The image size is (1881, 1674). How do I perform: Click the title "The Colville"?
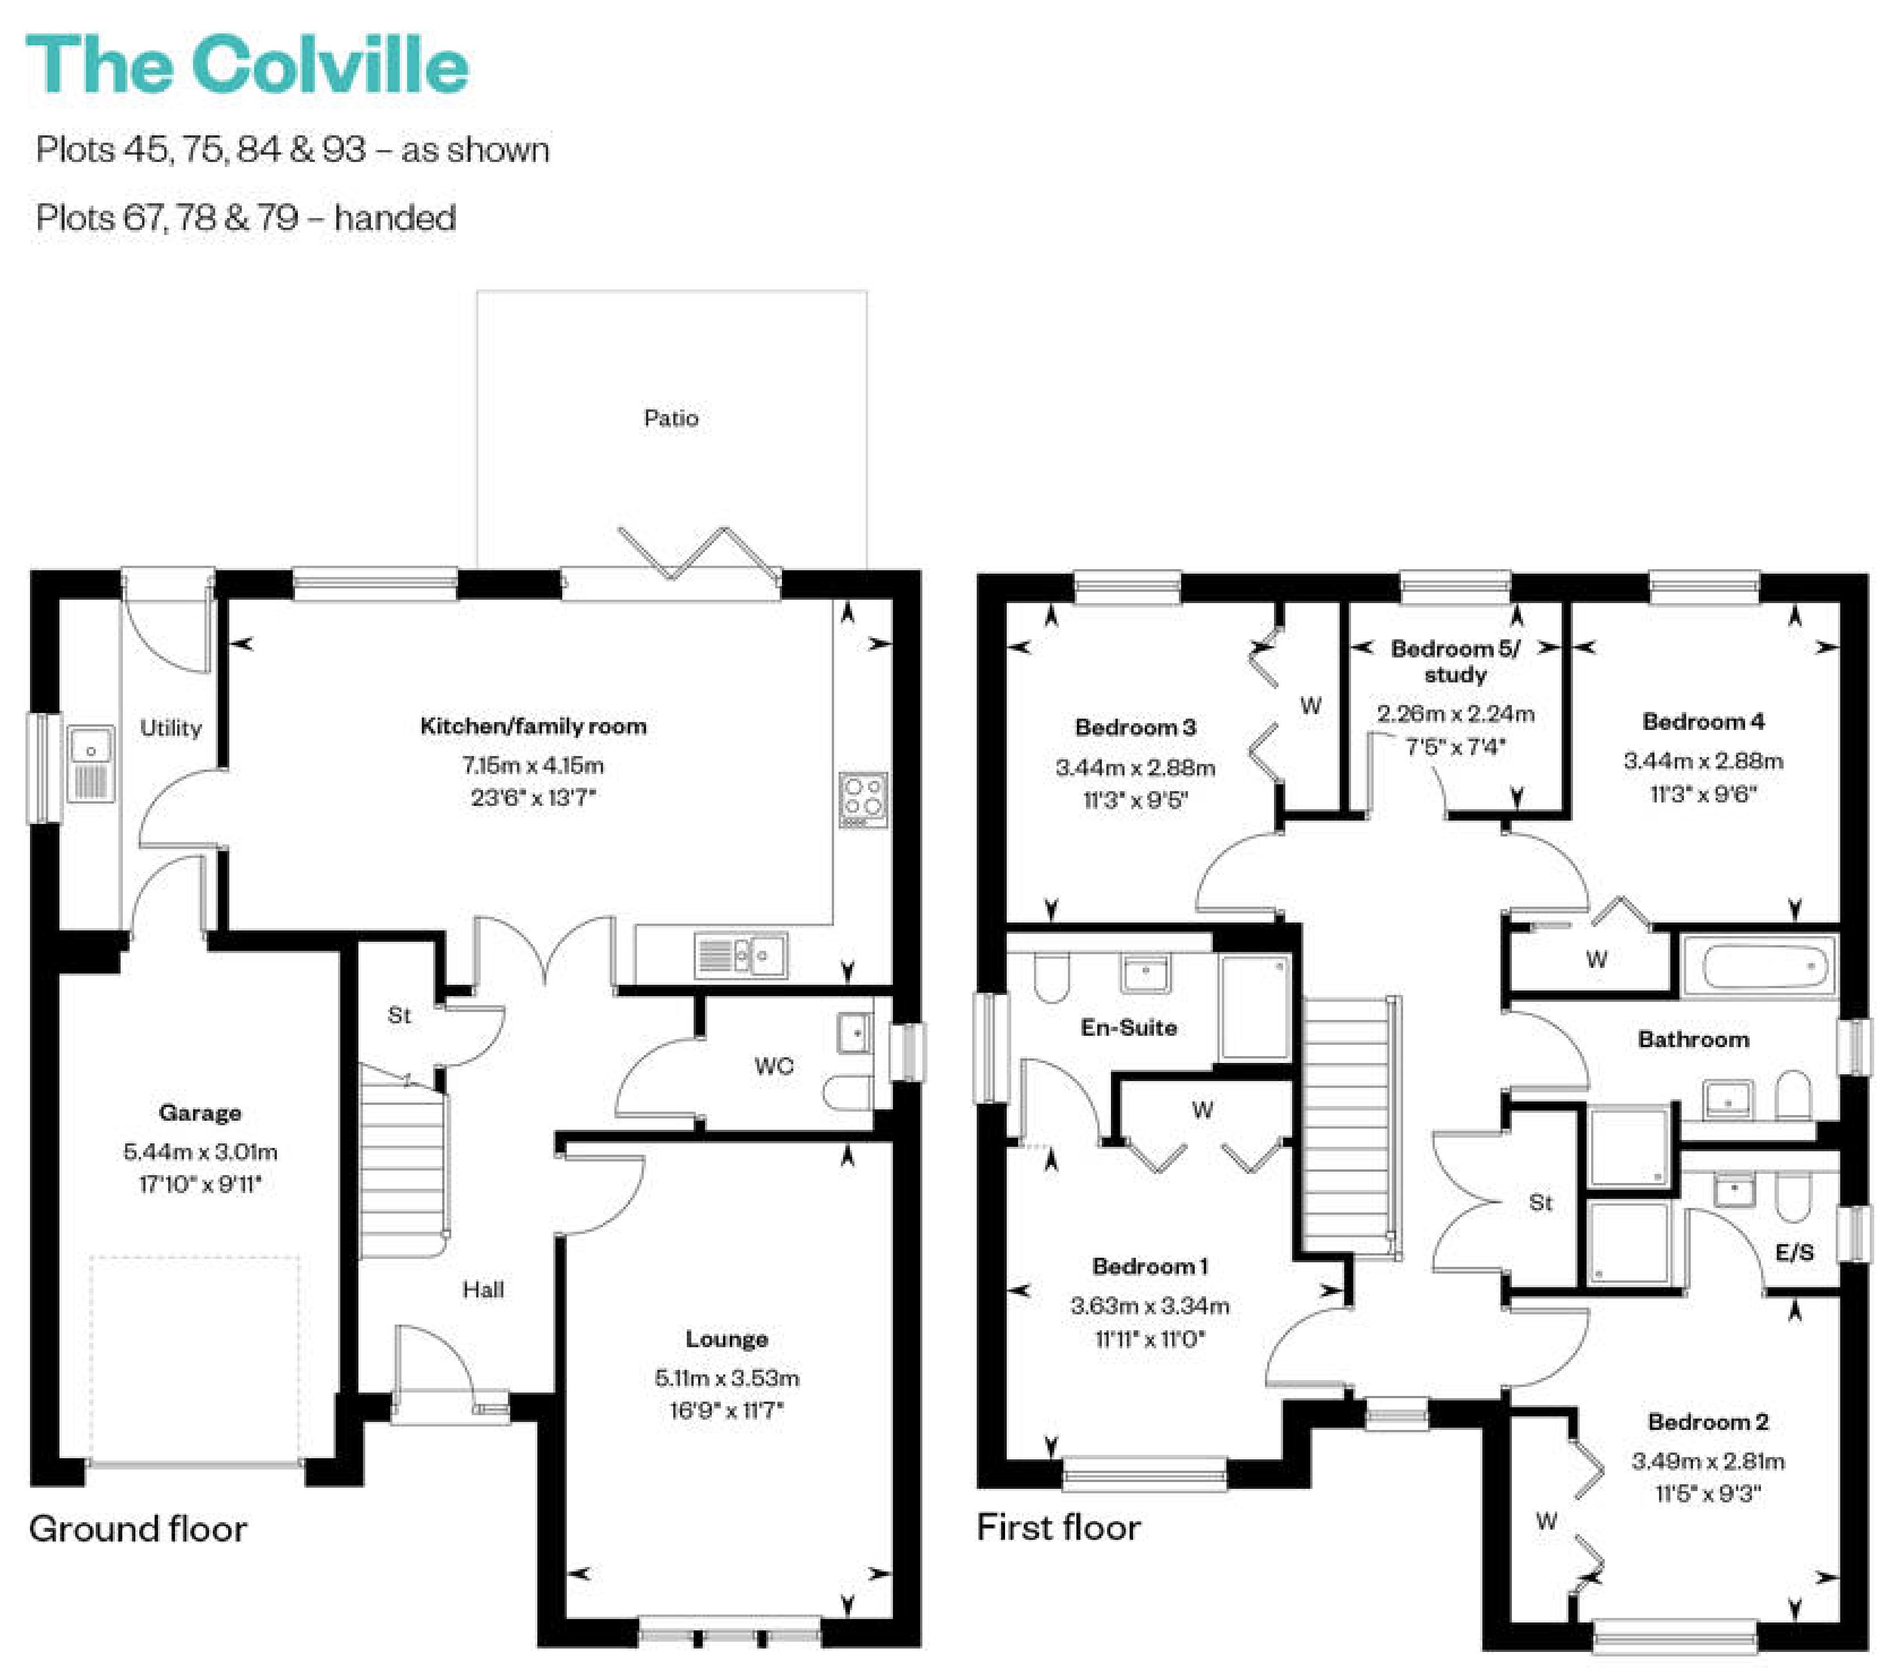pyautogui.click(x=247, y=65)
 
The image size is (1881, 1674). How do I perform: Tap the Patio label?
pyautogui.click(x=671, y=418)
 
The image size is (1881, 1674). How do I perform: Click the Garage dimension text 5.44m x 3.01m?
pyautogui.click(x=200, y=1151)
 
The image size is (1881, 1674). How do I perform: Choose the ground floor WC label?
pyautogui.click(x=774, y=1066)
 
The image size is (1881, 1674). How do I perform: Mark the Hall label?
pyautogui.click(x=483, y=1289)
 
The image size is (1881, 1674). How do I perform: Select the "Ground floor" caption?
pyautogui.click(x=138, y=1528)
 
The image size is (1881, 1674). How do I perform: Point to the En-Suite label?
pyautogui.click(x=1129, y=1027)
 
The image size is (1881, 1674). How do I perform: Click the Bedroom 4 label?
pyautogui.click(x=1703, y=721)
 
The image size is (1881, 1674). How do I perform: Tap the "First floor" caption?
pyautogui.click(x=1058, y=1528)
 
